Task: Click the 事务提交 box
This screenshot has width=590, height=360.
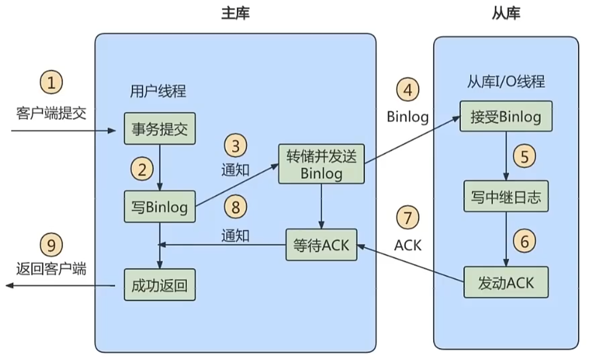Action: [159, 129]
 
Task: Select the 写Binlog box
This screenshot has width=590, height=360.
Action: [159, 207]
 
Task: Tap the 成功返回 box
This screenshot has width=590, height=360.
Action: [159, 285]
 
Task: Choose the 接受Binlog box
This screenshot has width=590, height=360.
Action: [506, 117]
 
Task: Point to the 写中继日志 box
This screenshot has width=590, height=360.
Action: [506, 196]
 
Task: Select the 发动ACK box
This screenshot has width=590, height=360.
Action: [506, 282]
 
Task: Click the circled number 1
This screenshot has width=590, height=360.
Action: [51, 84]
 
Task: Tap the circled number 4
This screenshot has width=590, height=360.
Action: [408, 89]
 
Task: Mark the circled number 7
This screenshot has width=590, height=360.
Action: [408, 218]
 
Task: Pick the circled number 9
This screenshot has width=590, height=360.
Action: [51, 245]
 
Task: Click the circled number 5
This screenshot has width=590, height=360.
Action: [524, 157]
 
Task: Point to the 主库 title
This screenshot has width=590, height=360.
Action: [236, 14]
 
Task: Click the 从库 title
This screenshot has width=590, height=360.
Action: [506, 14]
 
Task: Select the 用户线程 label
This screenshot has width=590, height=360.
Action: [158, 90]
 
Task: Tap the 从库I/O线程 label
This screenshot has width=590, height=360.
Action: [506, 82]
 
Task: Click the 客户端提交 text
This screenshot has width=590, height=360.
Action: [51, 114]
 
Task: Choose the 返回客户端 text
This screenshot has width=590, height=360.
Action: [51, 269]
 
